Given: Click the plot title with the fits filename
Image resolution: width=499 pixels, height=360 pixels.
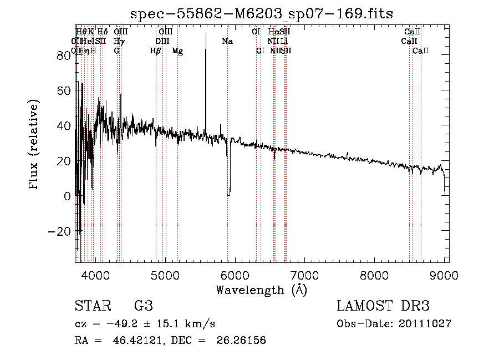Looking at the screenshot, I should click(261, 14).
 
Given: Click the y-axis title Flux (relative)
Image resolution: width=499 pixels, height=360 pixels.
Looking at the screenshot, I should click(34, 145).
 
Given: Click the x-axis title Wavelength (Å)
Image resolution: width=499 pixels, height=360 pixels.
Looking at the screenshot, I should click(262, 290).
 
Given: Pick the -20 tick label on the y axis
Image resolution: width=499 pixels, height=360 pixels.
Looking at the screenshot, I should click(60, 231).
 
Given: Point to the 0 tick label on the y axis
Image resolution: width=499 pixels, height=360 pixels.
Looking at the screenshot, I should click(68, 196).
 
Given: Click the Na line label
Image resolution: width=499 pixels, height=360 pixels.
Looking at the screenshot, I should click(227, 42).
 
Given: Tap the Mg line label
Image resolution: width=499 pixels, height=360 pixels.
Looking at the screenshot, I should click(177, 51).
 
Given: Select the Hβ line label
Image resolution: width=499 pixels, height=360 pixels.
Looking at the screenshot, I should click(156, 51).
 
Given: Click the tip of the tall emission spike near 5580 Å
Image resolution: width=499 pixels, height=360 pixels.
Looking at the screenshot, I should click(206, 34).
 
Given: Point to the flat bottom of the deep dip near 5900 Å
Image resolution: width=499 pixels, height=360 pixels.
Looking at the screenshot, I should click(228, 195).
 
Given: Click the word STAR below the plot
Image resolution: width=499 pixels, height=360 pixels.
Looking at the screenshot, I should click(92, 306).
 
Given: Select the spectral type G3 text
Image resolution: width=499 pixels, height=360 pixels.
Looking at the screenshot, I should click(144, 306).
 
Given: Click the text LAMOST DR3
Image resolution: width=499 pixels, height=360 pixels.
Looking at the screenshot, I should click(383, 306).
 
